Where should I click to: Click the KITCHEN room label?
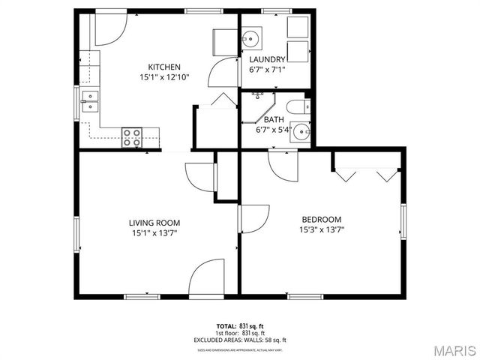163,67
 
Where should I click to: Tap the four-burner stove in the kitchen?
132,136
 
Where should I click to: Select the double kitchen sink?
90,100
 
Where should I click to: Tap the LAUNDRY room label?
267,59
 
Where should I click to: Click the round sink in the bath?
301,131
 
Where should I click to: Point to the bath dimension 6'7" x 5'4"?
273,130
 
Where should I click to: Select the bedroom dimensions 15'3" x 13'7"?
322,229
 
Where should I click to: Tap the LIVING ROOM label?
154,223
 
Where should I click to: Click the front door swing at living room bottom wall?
206,279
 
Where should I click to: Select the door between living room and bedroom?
253,218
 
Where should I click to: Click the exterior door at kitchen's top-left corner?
109,28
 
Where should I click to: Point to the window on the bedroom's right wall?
403,223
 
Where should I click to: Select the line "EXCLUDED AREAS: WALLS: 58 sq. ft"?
240,340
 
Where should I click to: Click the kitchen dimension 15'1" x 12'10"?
163,77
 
